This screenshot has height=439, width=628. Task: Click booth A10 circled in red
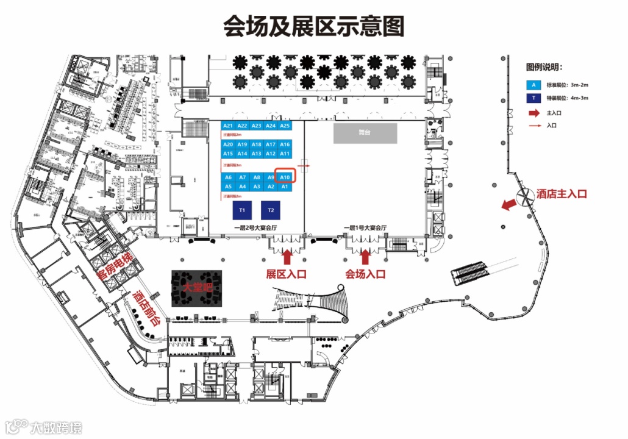tap(285, 177)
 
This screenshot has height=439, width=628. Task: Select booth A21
tap(228, 126)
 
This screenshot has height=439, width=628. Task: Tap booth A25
tap(285, 126)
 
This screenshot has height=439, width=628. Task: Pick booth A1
tap(285, 187)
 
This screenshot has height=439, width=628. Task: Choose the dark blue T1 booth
tap(242, 210)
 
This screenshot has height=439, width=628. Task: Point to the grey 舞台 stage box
tap(365, 134)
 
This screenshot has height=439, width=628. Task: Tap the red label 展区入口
tap(286, 274)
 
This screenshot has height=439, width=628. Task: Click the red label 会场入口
tap(365, 274)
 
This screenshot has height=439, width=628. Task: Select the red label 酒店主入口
tap(562, 194)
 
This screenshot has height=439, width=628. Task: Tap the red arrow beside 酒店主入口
tap(507, 205)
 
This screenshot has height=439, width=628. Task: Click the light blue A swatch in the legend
tap(534, 85)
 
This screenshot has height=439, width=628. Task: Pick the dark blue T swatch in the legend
tap(534, 98)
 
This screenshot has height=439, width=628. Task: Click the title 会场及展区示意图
tap(313, 26)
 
